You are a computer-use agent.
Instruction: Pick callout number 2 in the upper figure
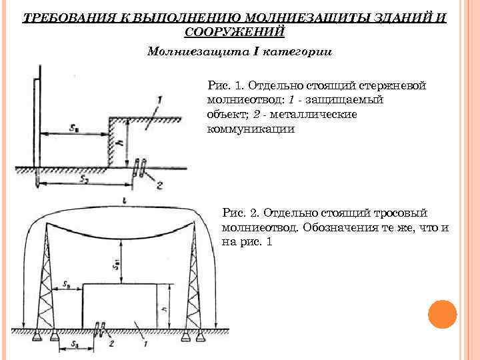click(x=159, y=186)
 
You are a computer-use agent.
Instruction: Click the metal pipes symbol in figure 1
click(x=139, y=168)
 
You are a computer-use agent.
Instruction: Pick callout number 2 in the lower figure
click(x=111, y=344)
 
